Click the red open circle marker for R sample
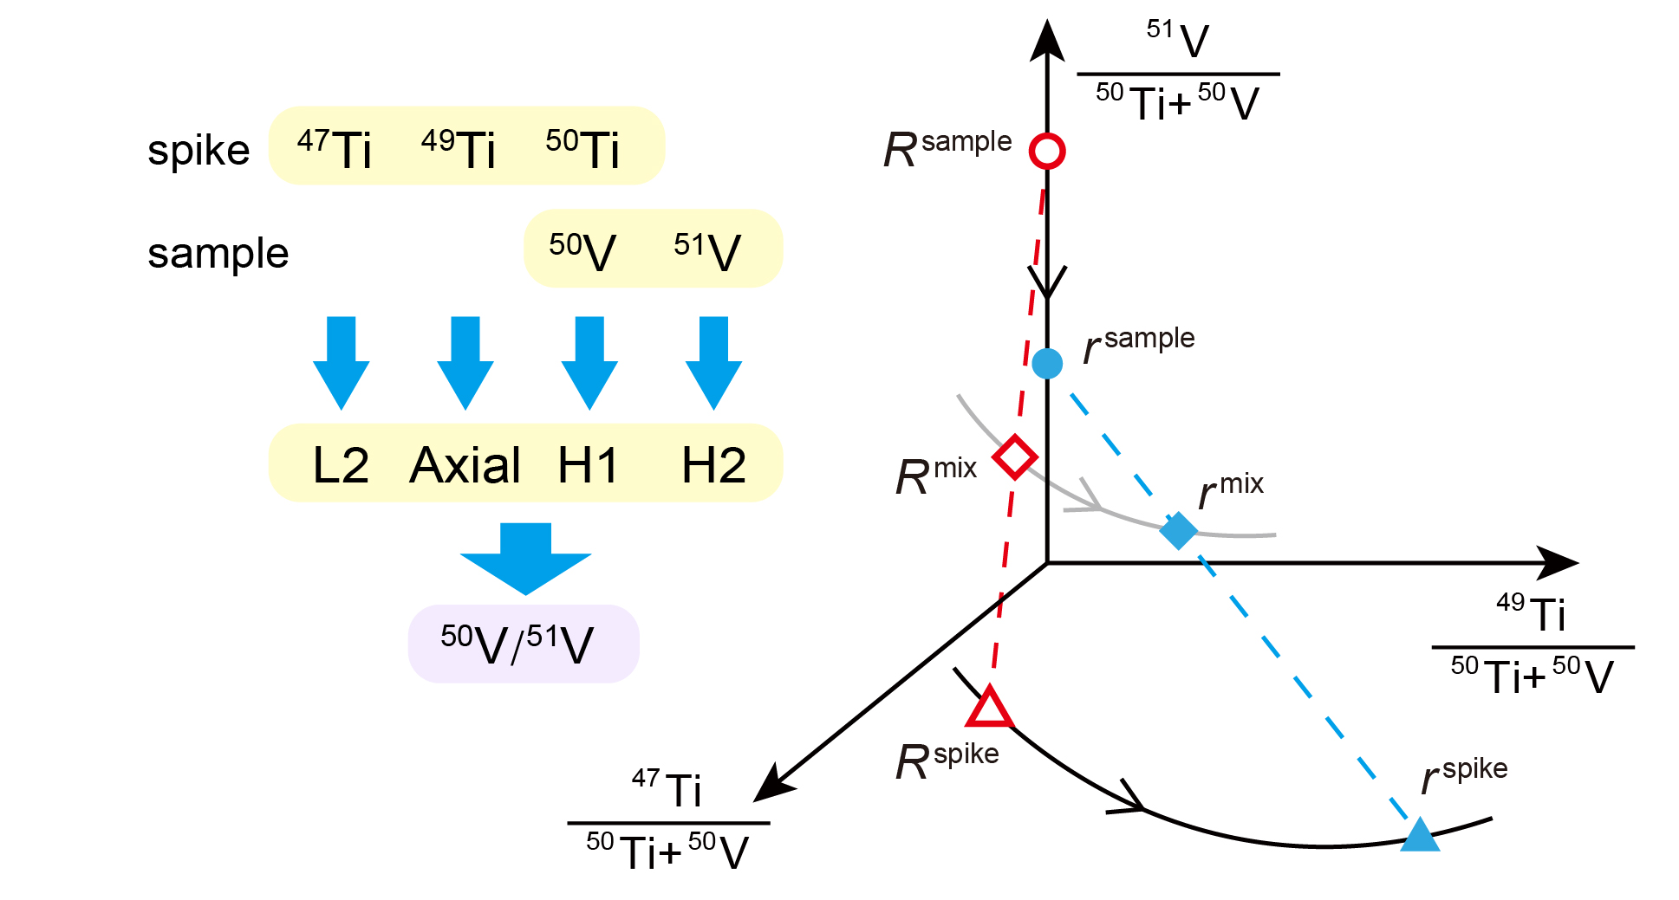pyautogui.click(x=1047, y=151)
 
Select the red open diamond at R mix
pyautogui.click(x=1014, y=456)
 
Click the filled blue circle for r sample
pyautogui.click(x=1047, y=363)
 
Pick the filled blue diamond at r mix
pyautogui.click(x=1178, y=530)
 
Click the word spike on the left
pyautogui.click(x=198, y=151)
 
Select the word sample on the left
pyautogui.click(x=218, y=253)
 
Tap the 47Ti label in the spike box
pyautogui.click(x=335, y=149)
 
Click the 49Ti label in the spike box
pyautogui.click(x=459, y=149)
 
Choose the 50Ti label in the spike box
pyautogui.click(x=582, y=149)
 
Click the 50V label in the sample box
pyautogui.click(x=582, y=252)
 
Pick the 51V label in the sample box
pyautogui.click(x=707, y=252)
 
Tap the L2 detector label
pyautogui.click(x=341, y=465)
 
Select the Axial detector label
pyautogui.click(x=465, y=465)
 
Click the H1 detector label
pyautogui.click(x=588, y=465)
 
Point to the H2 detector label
pyautogui.click(x=713, y=465)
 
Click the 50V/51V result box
pyautogui.click(x=524, y=644)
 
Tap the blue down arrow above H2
pyautogui.click(x=713, y=362)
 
